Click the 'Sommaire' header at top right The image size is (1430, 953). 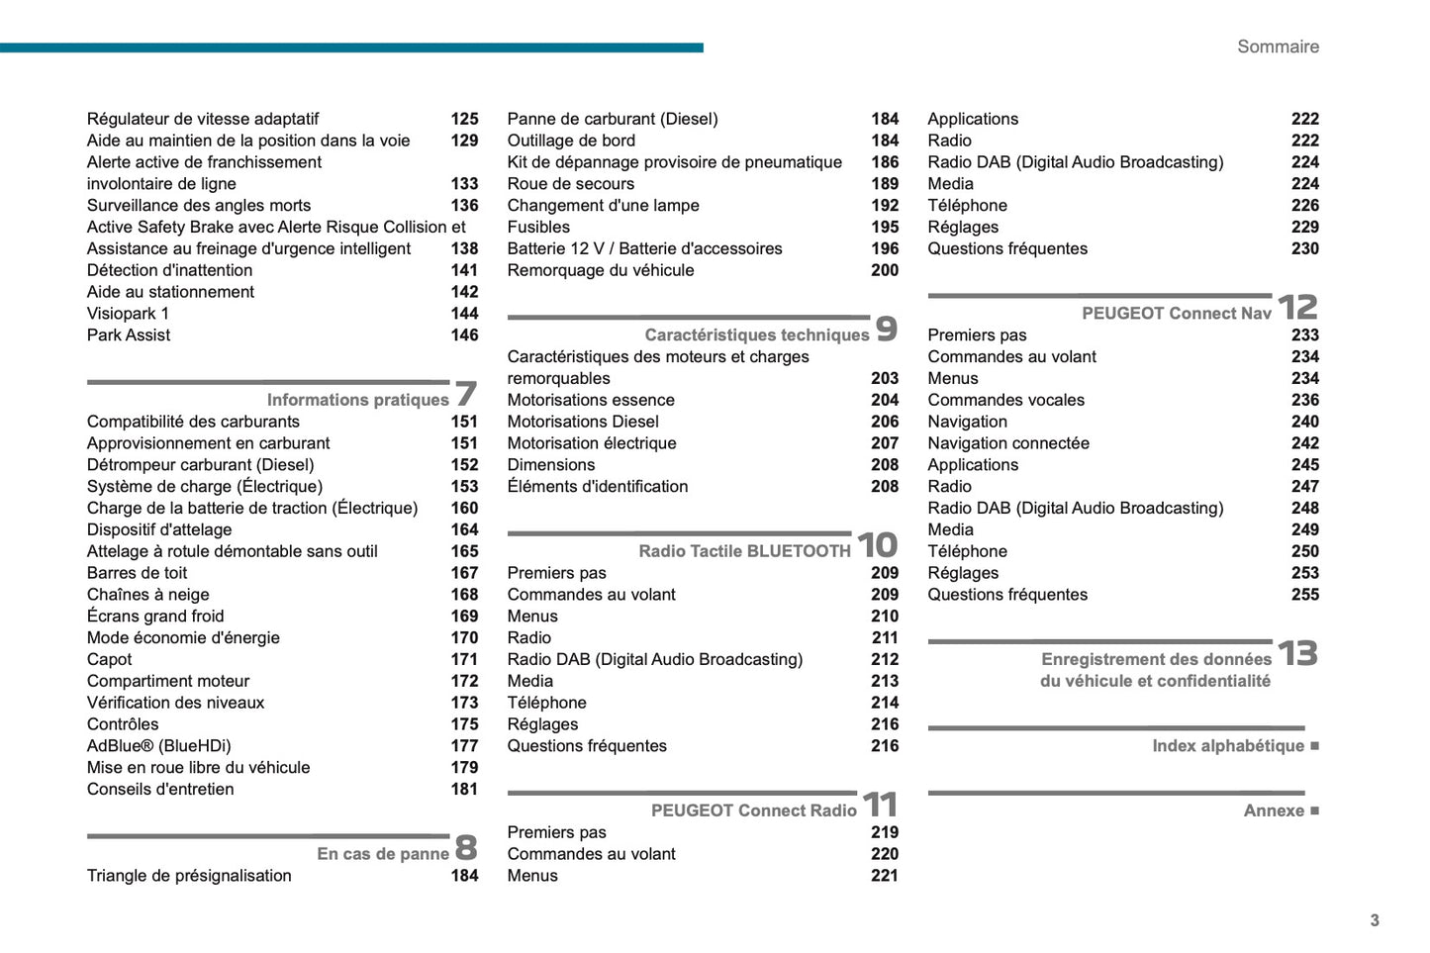tap(1278, 47)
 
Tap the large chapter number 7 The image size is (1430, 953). tap(466, 394)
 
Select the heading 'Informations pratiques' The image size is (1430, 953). tap(357, 400)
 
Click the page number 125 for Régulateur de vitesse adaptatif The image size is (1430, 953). tap(464, 119)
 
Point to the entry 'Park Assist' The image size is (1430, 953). tap(129, 335)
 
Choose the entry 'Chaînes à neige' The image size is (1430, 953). tap(148, 595)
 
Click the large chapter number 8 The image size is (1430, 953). tap(466, 848)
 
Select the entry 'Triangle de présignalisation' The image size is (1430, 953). tap(189, 876)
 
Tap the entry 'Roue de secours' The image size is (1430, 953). tap(571, 184)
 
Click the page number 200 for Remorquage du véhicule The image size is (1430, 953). tap(885, 270)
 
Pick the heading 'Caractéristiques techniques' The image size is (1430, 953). tap(757, 335)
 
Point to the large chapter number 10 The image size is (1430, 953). tap(877, 545)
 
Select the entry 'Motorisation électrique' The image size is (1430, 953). tap(592, 443)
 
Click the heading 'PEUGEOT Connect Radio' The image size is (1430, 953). tap(754, 810)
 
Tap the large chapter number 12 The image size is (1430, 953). tap(1297, 308)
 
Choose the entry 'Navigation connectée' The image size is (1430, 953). tap(1008, 443)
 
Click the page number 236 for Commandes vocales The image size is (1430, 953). tap(1304, 400)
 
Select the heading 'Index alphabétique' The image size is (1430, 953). tap(1228, 746)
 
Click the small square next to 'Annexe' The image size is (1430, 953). tap(1314, 810)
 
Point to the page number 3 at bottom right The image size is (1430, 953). tap(1375, 920)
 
